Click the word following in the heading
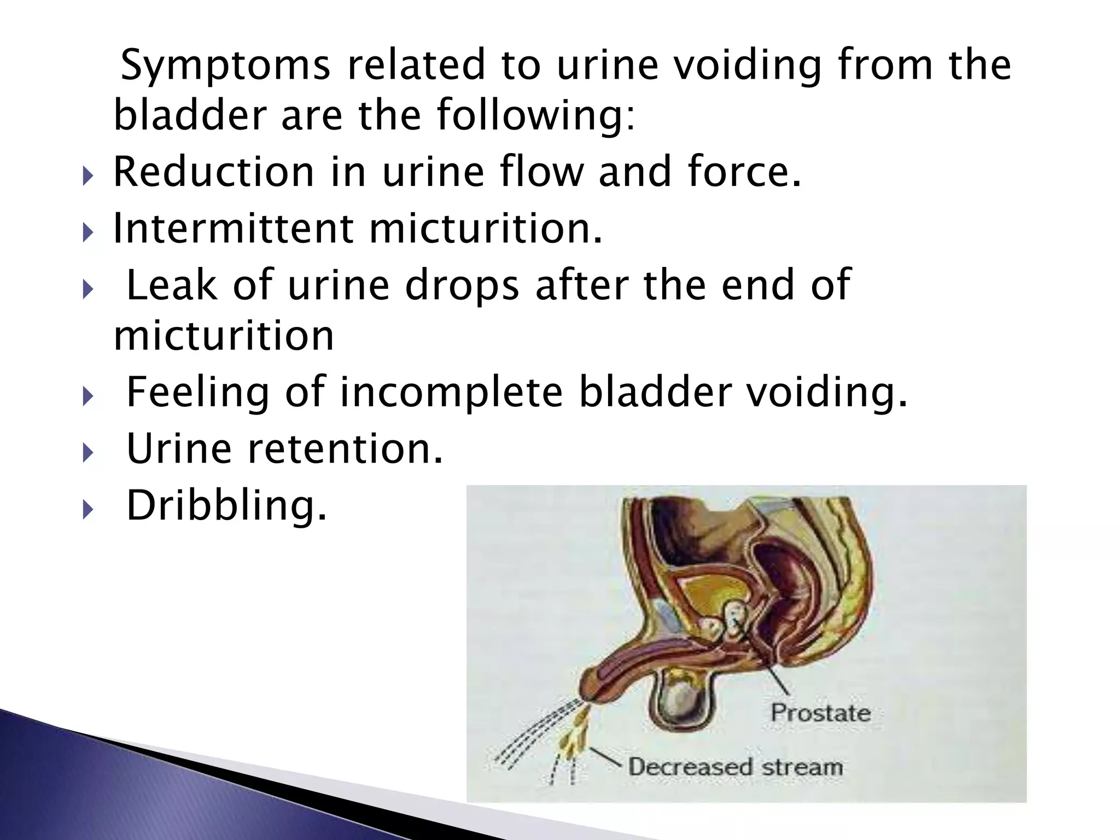(536, 116)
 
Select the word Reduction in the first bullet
(213, 172)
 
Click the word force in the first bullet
(738, 172)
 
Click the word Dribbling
(226, 505)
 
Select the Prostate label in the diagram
(820, 713)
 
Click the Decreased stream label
(735, 767)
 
